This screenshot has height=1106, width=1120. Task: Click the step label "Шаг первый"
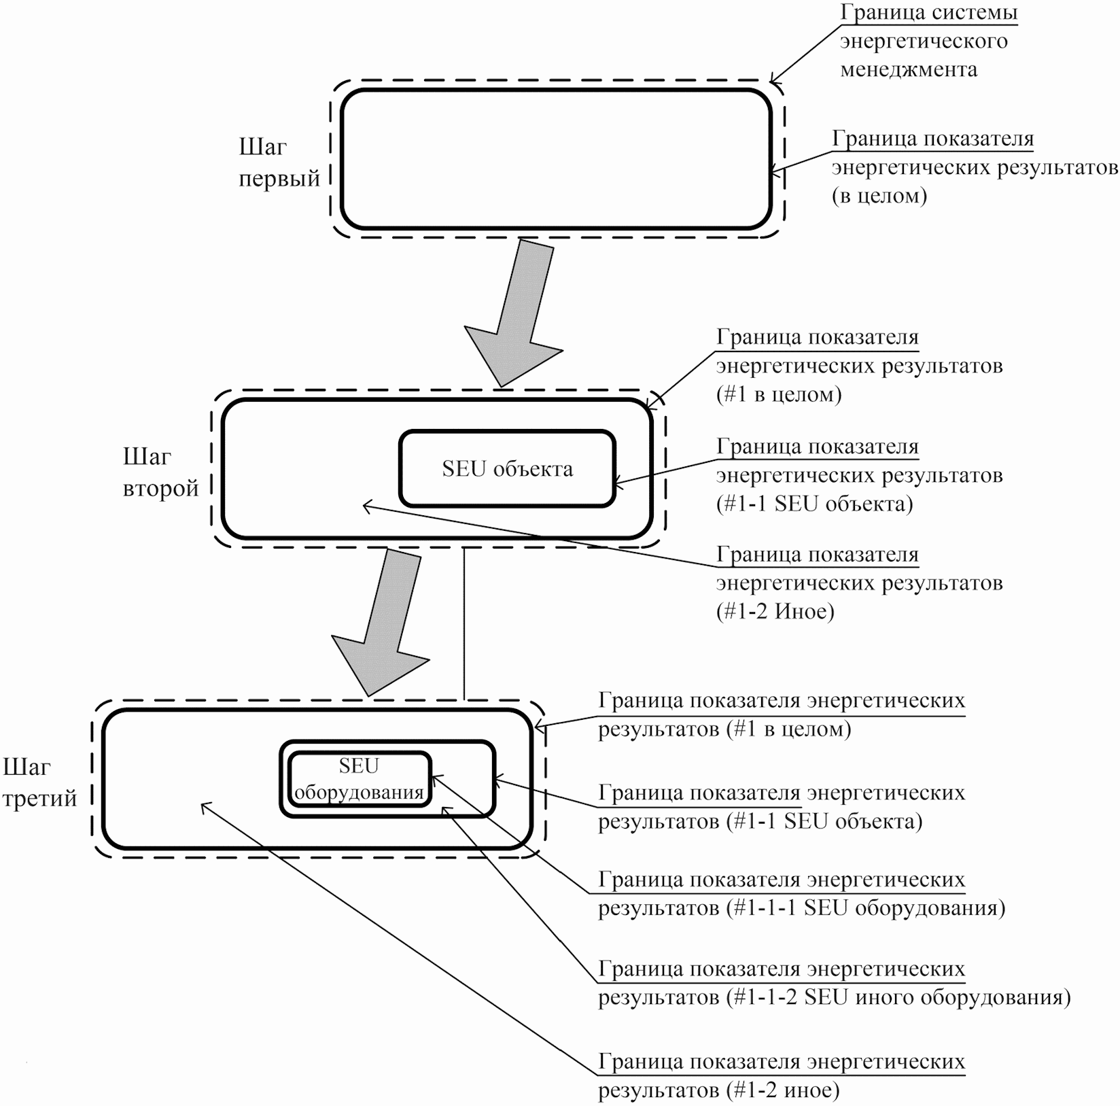[279, 162]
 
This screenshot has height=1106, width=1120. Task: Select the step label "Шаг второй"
[161, 472]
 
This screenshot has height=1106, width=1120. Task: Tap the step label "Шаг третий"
[40, 782]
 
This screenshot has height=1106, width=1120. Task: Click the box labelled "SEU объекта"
[507, 469]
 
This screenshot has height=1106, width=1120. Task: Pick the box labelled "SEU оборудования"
[359, 779]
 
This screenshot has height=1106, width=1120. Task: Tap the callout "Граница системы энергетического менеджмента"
[928, 41]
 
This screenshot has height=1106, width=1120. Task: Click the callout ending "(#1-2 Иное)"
[859, 583]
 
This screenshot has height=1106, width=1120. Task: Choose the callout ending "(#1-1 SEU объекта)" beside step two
[859, 475]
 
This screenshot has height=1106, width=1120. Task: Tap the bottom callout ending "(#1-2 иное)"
[782, 1076]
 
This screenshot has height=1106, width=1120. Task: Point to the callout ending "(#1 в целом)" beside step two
[859, 366]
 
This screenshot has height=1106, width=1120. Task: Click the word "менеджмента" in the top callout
[909, 69]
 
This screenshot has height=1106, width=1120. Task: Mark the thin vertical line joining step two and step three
[464, 622]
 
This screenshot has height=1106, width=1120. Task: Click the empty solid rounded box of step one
[556, 159]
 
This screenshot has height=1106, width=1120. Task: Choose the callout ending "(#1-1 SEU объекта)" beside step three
[782, 807]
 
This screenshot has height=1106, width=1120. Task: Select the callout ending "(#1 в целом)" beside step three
[782, 714]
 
